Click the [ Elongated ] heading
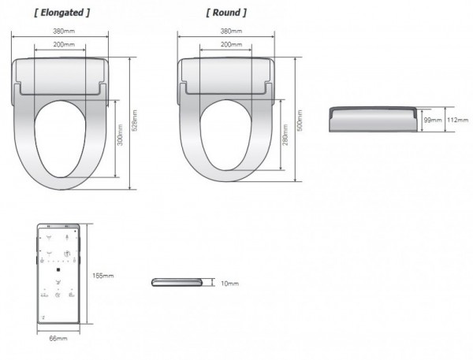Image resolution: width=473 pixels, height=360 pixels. (61, 13)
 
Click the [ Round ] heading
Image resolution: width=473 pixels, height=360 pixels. (226, 13)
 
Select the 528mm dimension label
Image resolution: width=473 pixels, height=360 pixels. (135, 121)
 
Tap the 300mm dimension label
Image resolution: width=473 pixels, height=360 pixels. (120, 135)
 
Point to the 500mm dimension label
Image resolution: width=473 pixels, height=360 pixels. (300, 121)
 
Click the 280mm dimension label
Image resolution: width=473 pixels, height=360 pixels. (285, 135)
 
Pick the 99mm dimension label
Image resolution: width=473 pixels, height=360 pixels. (433, 120)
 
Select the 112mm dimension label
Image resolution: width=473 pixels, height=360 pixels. (457, 120)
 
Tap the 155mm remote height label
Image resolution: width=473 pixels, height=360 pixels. (103, 276)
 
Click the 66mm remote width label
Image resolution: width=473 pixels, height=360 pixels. (58, 338)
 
